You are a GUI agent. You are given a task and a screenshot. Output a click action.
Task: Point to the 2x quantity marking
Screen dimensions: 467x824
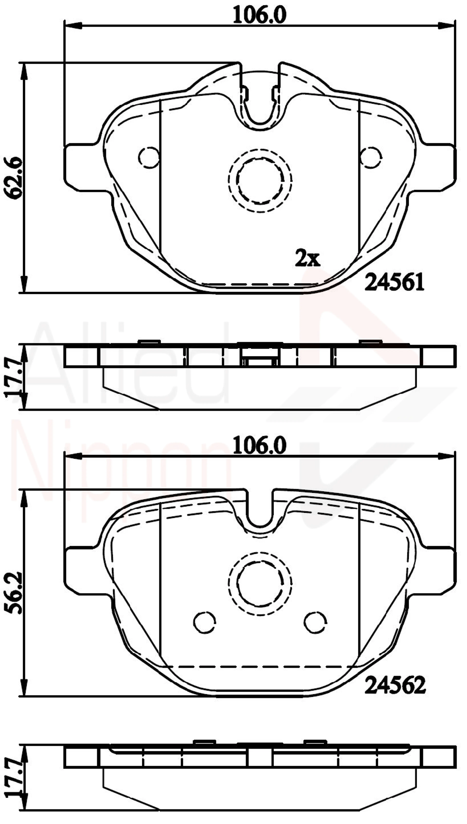point(307,258)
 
